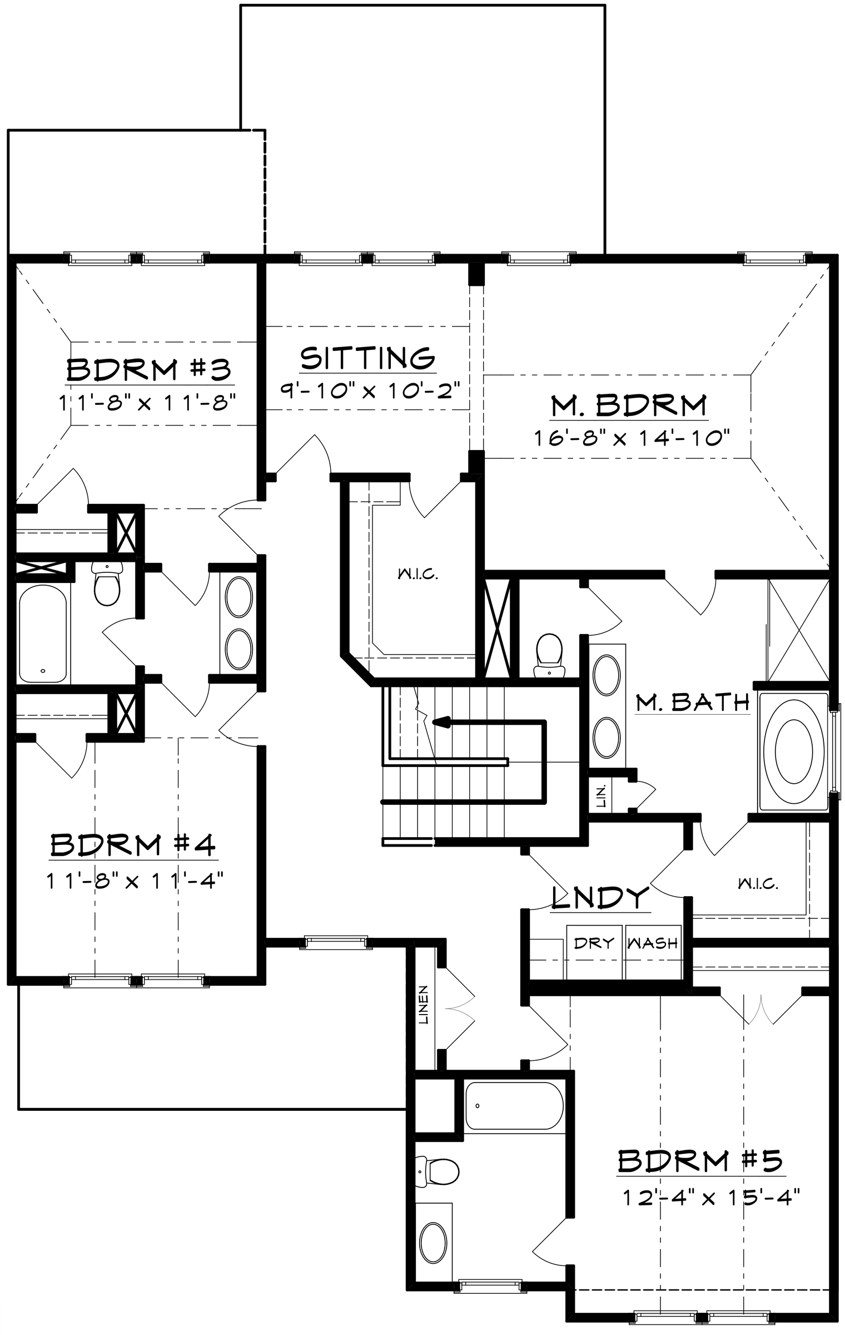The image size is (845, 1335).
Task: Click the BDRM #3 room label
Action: tap(149, 369)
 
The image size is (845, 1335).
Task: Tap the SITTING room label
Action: tap(367, 358)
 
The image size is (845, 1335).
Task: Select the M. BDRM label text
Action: tap(629, 406)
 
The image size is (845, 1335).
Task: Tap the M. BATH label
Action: tap(693, 703)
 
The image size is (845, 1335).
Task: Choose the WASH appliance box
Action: tap(653, 952)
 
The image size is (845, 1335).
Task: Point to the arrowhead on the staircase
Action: tap(440, 722)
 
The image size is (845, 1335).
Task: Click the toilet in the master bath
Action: tap(549, 655)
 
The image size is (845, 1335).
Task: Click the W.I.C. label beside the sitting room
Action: tap(418, 574)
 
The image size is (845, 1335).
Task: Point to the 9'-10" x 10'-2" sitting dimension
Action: tap(370, 389)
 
